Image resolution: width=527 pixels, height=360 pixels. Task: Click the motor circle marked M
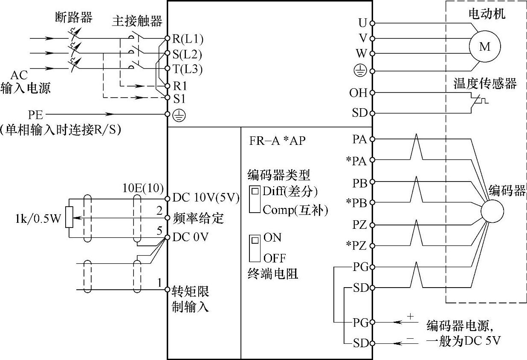pos(485,46)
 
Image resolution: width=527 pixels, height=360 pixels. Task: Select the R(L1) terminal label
pos(187,39)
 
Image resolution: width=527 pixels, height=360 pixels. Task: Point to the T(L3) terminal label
pos(187,69)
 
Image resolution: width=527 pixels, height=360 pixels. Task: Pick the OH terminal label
pos(358,93)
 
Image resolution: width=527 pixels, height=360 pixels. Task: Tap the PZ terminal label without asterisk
pos(359,225)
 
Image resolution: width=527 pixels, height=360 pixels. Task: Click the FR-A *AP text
pos(278,141)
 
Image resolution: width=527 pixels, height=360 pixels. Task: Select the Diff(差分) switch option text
pos(290,191)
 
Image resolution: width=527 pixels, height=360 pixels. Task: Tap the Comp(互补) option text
pos(295,210)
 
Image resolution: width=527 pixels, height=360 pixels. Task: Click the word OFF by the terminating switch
pos(275,258)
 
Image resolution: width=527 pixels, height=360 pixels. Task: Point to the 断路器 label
pos(74,17)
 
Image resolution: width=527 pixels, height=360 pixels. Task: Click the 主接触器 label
pos(137,21)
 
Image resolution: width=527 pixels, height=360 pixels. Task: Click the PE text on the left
pos(35,115)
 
